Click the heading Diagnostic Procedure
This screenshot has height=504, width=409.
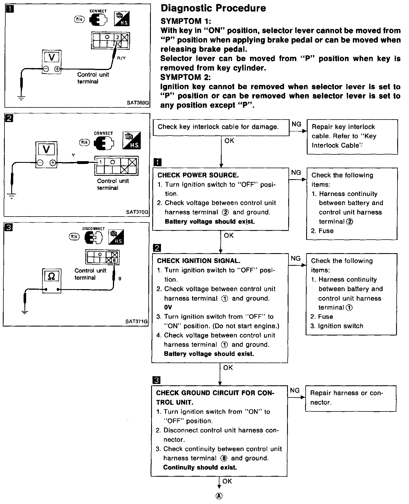point(213,8)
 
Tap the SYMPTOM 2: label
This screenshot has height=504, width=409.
point(185,77)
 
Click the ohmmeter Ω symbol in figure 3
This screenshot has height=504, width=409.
point(51,276)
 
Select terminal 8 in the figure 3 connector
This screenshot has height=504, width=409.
point(114,261)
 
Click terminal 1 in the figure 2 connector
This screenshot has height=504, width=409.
point(100,162)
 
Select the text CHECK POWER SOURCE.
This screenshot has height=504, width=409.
point(198,175)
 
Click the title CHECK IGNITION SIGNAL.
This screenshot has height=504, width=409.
point(199,261)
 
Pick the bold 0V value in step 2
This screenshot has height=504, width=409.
point(168,307)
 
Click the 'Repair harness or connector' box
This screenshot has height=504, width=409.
point(351,398)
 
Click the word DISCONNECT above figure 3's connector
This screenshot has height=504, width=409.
point(93,229)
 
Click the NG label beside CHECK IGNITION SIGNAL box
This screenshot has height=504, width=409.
point(296,258)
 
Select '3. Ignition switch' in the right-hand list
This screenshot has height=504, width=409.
point(337,326)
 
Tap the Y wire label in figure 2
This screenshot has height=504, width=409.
point(73,155)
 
